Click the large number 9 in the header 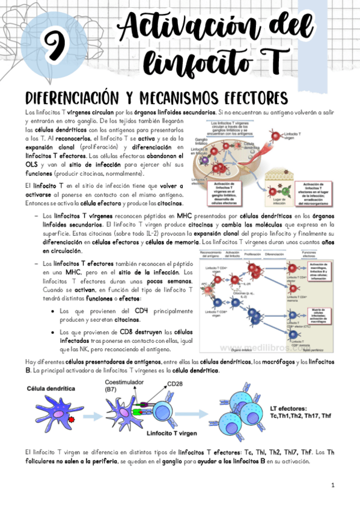tap(56, 44)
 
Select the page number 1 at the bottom tap(332, 485)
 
